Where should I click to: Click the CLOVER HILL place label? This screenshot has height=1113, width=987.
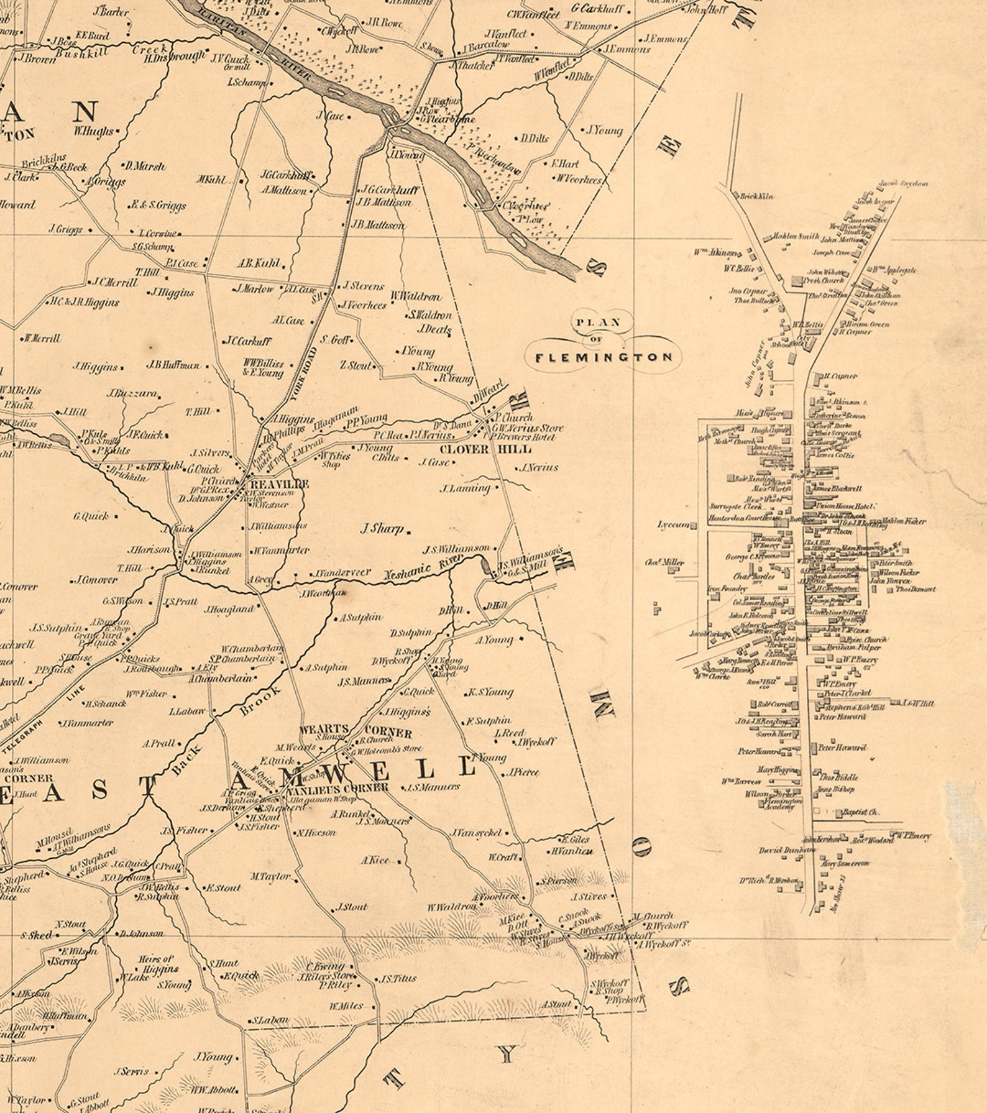coord(485,449)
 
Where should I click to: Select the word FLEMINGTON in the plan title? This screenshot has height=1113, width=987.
coord(604,357)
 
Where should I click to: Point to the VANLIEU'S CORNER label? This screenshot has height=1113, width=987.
coord(336,788)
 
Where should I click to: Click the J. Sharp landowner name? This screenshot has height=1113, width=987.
coord(382,529)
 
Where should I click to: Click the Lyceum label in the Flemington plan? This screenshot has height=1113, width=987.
coord(673,525)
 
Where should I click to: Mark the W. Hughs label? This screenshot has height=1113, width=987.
coord(94,131)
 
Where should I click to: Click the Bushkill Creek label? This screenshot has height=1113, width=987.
coord(112,52)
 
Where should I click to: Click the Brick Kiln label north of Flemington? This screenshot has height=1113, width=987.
coord(756,196)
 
